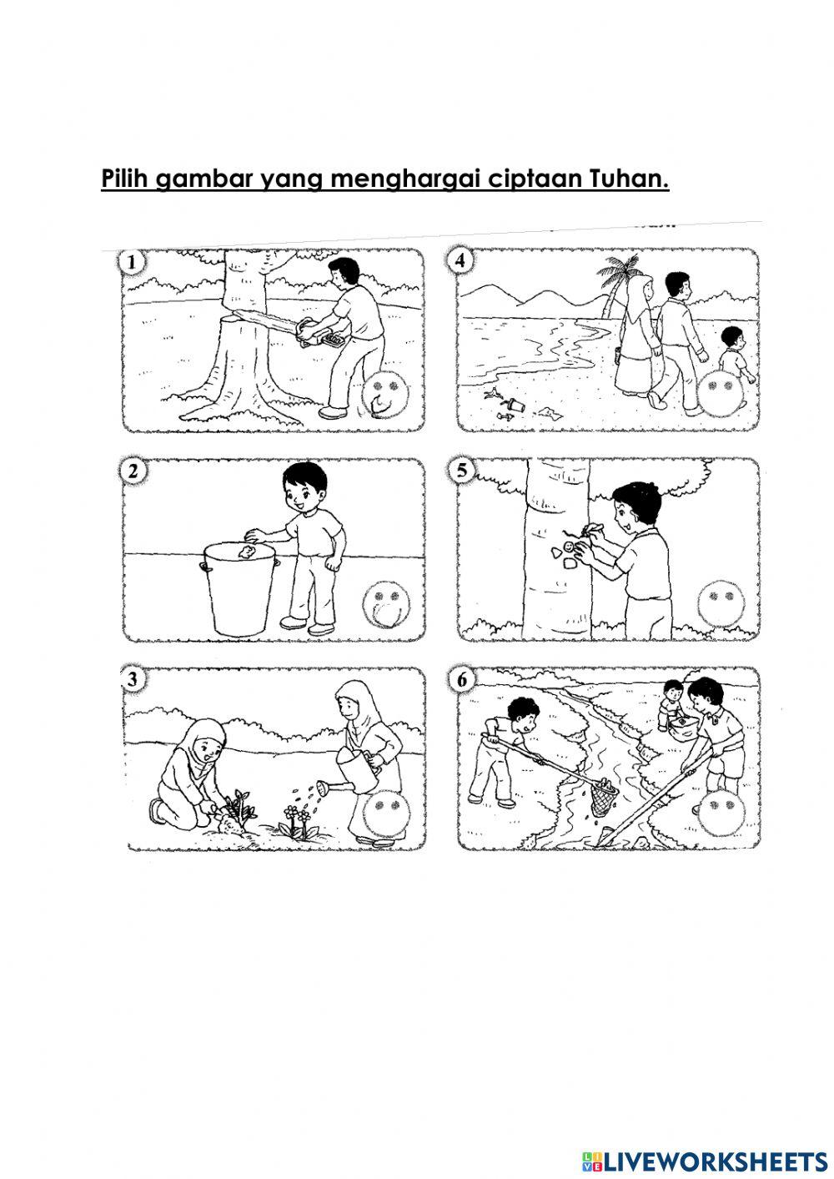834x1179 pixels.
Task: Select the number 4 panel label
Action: (x=461, y=261)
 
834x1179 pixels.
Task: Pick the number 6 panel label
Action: (x=461, y=680)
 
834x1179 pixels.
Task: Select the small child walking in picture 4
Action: (x=734, y=355)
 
